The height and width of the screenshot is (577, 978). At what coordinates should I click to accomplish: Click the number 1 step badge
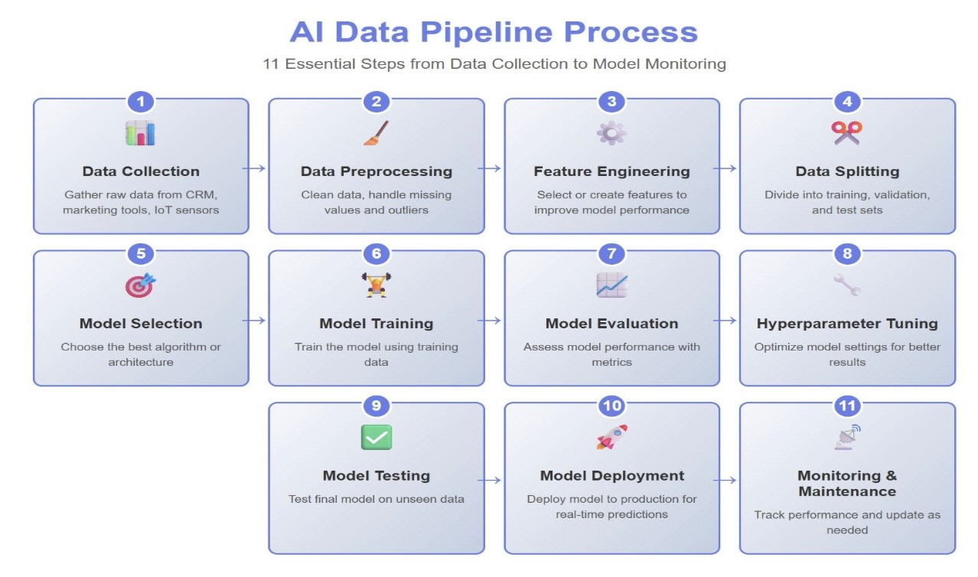[x=141, y=102]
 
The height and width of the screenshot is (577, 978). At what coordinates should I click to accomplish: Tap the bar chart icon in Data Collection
[x=141, y=133]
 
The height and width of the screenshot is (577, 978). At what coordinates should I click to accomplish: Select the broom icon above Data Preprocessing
[x=376, y=133]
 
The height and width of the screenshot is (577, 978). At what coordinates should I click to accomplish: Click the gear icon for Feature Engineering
[x=611, y=133]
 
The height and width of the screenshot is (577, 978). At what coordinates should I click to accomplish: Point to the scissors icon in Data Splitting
[x=846, y=133]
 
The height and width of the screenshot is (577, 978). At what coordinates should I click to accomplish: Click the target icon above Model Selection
[x=141, y=285]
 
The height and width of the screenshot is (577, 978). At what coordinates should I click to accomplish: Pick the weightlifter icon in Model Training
[x=376, y=285]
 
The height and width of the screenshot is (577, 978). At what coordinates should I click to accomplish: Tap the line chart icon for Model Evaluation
[x=611, y=285]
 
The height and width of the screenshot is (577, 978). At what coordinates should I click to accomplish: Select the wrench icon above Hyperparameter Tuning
[x=846, y=285]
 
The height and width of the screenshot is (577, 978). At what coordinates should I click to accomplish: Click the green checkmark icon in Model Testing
[x=376, y=438]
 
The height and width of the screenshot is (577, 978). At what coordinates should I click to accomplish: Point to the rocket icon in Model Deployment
[x=611, y=438]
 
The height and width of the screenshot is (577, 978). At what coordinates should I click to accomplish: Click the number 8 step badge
[x=846, y=254]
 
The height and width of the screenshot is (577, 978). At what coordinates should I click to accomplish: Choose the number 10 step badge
[x=611, y=406]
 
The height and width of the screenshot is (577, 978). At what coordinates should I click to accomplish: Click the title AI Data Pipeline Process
[x=494, y=32]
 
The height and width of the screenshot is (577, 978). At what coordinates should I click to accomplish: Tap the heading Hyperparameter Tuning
[x=846, y=324]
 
